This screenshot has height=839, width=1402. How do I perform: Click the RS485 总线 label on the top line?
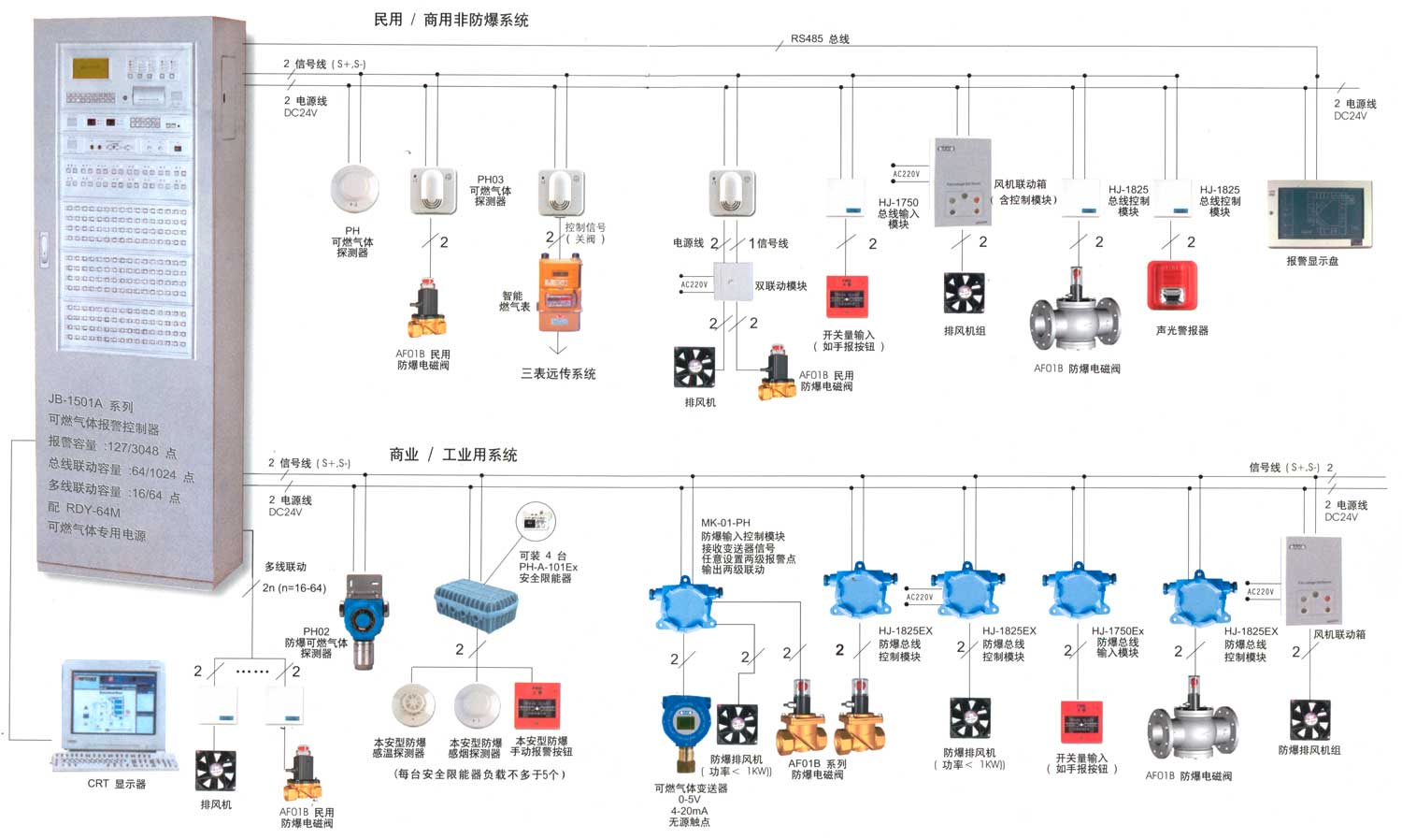(820, 39)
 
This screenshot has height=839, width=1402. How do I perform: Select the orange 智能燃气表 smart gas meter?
(559, 294)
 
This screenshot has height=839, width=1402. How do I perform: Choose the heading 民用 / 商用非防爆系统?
(451, 20)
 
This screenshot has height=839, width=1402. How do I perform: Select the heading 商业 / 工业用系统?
(453, 455)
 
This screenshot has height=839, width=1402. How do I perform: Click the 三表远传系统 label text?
(558, 374)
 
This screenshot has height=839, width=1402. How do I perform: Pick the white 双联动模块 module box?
(733, 282)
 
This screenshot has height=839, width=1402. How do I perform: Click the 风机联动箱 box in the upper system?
(963, 183)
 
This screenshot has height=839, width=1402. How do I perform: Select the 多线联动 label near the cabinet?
(285, 567)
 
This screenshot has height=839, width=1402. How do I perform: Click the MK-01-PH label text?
(725, 523)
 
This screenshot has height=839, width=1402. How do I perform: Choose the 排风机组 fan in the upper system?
(964, 293)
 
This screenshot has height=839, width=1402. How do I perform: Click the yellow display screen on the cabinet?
(91, 68)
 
